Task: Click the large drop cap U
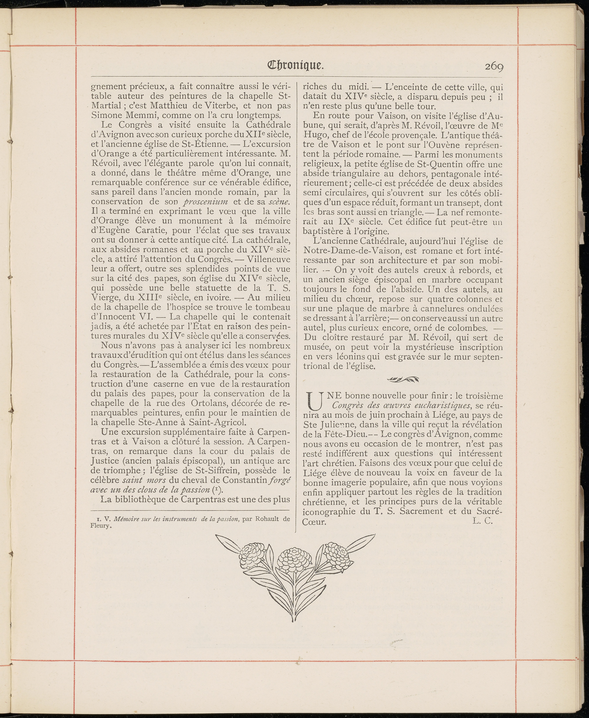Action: pos(314,400)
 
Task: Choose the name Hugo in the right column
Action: pos(314,135)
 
